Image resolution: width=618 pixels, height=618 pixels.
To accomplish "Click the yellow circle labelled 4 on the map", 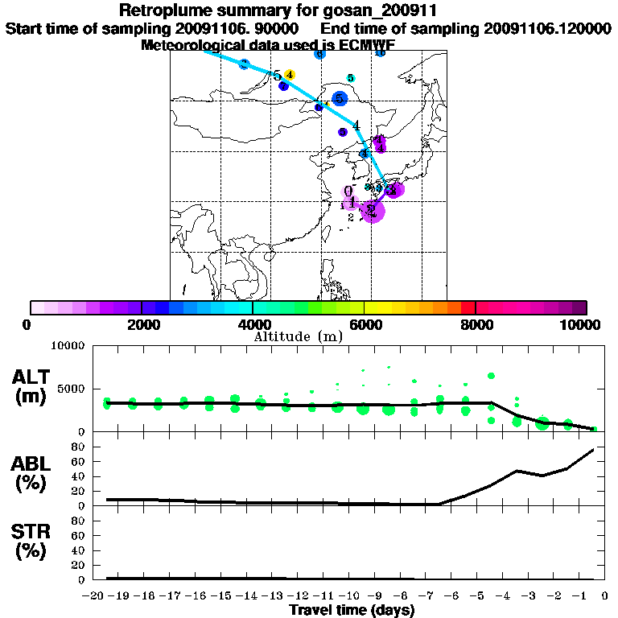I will tap(290, 75).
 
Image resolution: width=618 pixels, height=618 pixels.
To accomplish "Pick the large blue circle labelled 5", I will tap(340, 99).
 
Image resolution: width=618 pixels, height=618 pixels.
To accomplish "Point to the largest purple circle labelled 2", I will tap(373, 211).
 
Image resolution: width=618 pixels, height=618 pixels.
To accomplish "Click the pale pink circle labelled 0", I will tap(348, 192).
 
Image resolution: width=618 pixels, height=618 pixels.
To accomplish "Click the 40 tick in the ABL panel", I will tap(79, 476).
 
